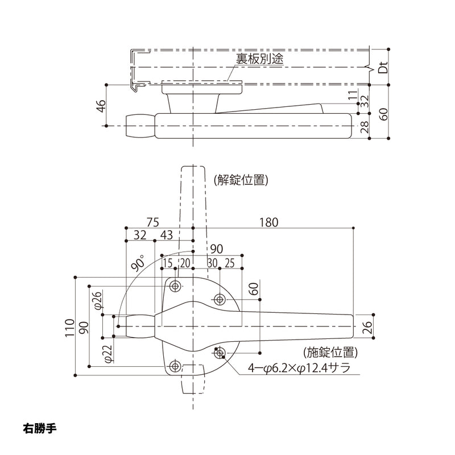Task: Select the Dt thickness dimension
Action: click(383, 68)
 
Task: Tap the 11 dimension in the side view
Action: click(353, 97)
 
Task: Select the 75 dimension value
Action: click(152, 222)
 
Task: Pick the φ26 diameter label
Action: click(97, 300)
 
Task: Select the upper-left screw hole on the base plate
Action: click(176, 285)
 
